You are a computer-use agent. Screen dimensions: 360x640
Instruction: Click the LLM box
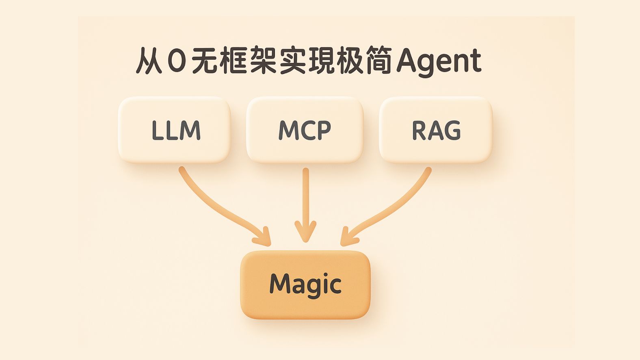pos(175,130)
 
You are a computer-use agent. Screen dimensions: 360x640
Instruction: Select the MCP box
pos(305,130)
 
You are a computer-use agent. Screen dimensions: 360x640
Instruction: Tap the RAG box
pos(436,130)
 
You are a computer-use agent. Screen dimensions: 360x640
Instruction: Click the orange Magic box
pos(305,284)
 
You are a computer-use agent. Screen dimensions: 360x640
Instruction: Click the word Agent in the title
pos(439,62)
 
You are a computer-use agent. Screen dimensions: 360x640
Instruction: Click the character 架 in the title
pos(264,61)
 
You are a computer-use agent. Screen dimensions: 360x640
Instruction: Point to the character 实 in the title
pos(292,61)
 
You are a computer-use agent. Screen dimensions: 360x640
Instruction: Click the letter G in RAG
pos(452,130)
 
